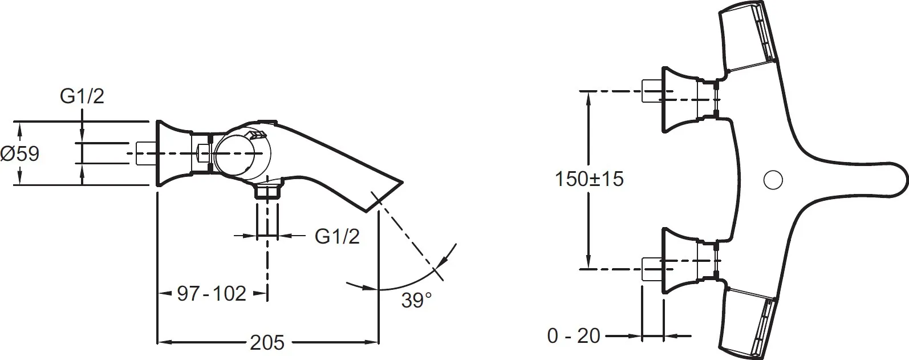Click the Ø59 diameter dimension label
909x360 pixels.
20,154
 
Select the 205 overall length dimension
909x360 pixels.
267,342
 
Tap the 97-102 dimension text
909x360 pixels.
212,293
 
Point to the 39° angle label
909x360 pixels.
416,300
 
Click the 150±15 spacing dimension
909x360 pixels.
589,179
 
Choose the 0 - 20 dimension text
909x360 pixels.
574,335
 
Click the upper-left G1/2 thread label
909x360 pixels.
82,96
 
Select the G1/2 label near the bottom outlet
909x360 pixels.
337,236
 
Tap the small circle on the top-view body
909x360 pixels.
773,180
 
